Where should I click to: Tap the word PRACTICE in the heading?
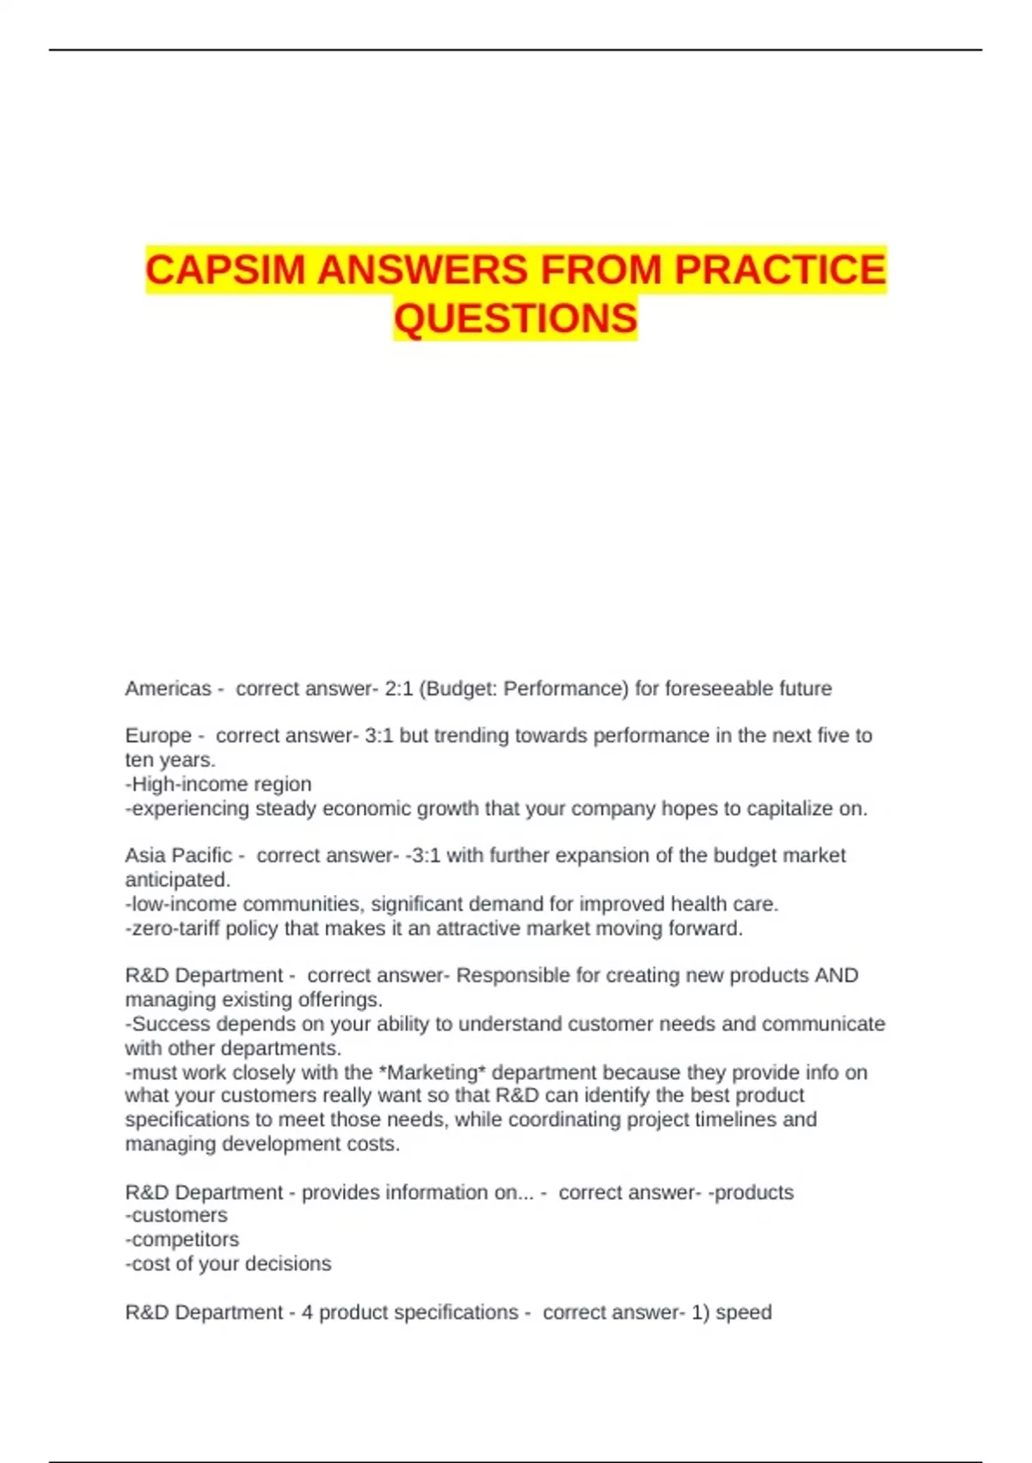click(779, 269)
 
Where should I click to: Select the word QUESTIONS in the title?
click(515, 318)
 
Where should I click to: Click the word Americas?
click(168, 688)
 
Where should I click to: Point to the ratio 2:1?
click(398, 688)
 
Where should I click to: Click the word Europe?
click(158, 736)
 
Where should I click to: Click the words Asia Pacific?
click(178, 855)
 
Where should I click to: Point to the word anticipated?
click(177, 880)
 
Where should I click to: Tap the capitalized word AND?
click(836, 975)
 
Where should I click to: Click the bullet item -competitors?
click(182, 1239)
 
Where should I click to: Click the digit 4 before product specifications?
click(307, 1312)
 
